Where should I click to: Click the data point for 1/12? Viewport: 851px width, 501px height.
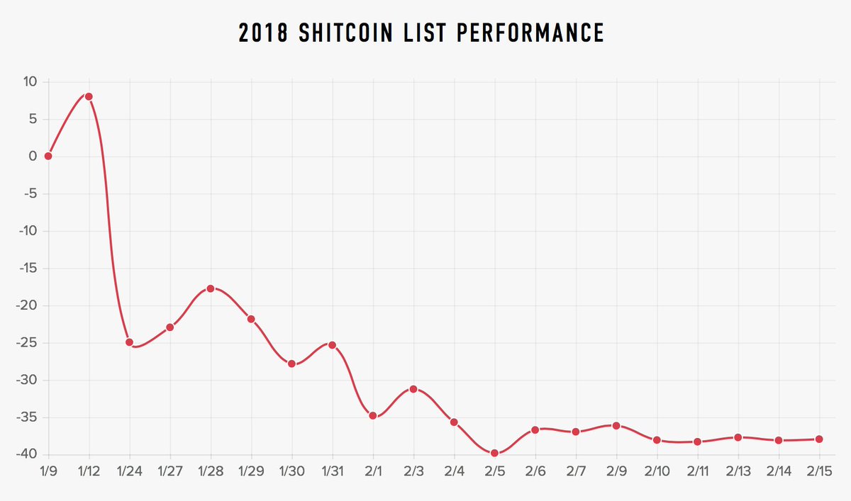[89, 97]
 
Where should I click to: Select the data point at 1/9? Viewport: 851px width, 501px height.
[48, 156]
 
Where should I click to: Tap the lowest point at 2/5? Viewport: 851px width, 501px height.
[495, 453]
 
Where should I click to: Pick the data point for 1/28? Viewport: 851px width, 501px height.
[211, 289]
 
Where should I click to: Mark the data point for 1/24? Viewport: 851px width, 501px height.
[130, 342]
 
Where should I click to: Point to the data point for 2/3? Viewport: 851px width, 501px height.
[413, 389]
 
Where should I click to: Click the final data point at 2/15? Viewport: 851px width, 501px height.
[820, 439]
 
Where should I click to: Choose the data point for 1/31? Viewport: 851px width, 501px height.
[333, 345]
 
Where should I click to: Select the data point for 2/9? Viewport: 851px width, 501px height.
[616, 426]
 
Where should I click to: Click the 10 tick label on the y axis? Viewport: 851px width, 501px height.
[30, 81]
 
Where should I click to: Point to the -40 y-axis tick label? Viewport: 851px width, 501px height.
[27, 454]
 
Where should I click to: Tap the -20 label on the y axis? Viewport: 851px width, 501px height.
[27, 305]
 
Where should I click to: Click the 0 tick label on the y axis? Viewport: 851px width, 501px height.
[33, 156]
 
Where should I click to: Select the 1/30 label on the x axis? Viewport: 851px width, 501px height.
[291, 471]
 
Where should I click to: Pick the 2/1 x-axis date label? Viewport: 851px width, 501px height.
[373, 471]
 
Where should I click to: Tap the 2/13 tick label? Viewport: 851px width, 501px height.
[738, 471]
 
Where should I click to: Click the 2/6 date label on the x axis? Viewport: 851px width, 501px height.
[535, 471]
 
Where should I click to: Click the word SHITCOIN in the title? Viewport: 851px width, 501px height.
[346, 33]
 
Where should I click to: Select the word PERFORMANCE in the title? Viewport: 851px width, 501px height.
[530, 33]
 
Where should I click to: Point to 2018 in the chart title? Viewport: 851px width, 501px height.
[263, 33]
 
